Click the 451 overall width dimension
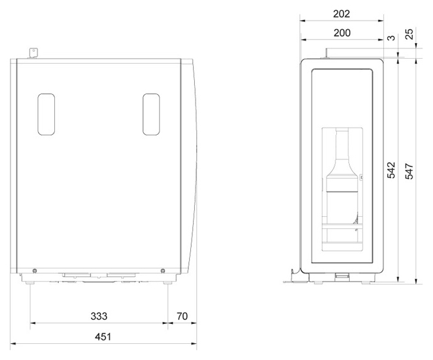point(103,337)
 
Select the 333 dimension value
point(99,316)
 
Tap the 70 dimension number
point(182,316)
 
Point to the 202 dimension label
point(341,14)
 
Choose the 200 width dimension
point(342,33)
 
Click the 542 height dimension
point(391,170)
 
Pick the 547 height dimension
point(409,172)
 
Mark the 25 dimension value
point(410,34)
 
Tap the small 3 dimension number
point(392,37)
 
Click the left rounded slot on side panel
point(46,114)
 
